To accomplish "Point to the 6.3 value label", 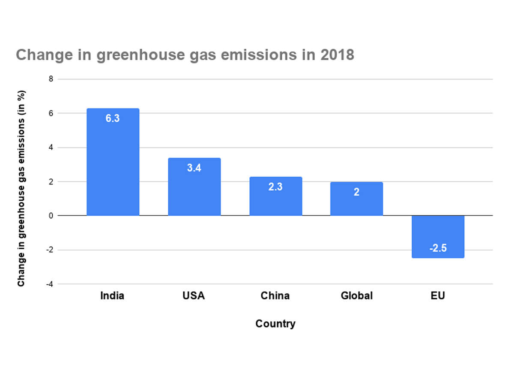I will pos(113,118).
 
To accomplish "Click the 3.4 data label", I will pos(194,168).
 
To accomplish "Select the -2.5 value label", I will pos(438,248).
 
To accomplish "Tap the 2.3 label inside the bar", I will pos(275,187).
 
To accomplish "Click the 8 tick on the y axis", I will pos(51,79).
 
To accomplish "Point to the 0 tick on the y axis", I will pos(51,216).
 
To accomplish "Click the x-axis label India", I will pos(112,296).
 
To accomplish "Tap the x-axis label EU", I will pos(438,296).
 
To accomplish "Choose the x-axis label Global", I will pos(356,296).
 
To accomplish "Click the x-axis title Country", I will pos(275,323).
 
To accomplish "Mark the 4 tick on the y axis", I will pos(51,148).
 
